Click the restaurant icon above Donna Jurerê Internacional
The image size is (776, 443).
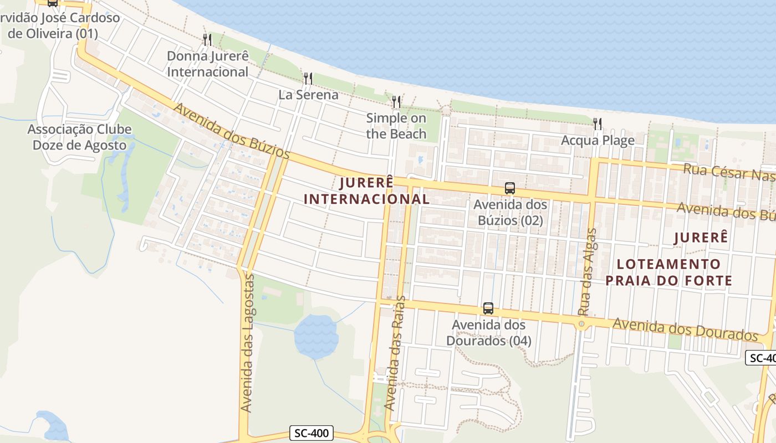[x=207, y=39]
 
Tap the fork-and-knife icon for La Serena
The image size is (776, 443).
[x=308, y=78]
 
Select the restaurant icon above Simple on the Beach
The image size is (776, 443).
[x=396, y=101]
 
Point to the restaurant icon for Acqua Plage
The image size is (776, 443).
[x=597, y=123]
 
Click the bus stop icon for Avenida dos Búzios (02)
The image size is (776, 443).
[x=510, y=188]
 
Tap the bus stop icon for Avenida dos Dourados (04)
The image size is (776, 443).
[x=488, y=308]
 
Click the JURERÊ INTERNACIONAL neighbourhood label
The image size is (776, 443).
[x=367, y=190]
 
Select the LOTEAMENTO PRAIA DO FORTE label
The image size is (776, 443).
[x=668, y=272]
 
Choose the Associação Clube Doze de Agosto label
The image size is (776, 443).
[x=80, y=137]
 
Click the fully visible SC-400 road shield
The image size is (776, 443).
[x=312, y=433]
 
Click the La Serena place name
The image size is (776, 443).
[x=308, y=95]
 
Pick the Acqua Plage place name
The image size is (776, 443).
[x=598, y=140]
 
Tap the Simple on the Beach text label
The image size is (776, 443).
[x=396, y=126]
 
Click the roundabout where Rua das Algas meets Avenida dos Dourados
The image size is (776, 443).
[x=581, y=324]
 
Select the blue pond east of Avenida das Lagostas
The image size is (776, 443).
[x=316, y=336]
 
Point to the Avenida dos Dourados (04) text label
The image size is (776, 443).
[x=488, y=333]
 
